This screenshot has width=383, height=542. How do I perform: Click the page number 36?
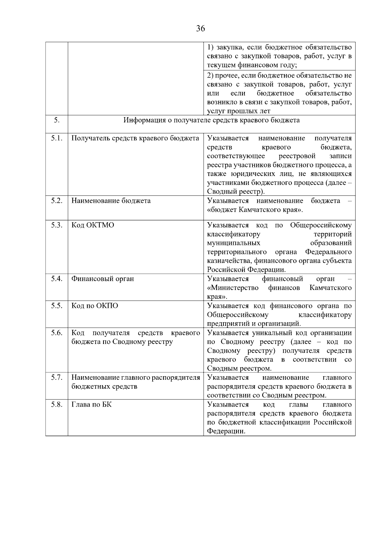[200, 29]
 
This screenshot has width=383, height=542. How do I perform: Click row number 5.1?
[56, 138]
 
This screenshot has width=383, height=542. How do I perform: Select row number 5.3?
[56, 225]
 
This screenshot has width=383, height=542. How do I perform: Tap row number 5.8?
[56, 405]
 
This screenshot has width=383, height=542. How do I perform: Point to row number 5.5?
[56, 306]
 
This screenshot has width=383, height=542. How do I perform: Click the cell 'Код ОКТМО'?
[93, 225]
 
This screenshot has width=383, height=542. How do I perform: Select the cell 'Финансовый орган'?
[102, 279]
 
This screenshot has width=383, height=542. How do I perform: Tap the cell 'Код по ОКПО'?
[94, 306]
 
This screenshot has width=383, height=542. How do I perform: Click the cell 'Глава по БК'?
[91, 405]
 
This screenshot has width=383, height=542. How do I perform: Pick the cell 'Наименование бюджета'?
[111, 201]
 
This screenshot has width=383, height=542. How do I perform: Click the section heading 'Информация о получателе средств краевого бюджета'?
[211, 120]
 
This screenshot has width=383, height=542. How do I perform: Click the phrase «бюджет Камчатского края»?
[254, 210]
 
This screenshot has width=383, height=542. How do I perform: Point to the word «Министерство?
[233, 288]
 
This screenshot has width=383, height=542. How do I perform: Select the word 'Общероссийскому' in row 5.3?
[320, 225]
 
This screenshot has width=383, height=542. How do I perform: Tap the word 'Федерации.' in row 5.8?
[226, 431]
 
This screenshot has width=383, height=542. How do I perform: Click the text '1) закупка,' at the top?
[226, 48]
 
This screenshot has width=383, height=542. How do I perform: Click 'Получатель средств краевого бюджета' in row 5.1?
[135, 138]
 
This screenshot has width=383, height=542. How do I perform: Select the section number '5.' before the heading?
[56, 120]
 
